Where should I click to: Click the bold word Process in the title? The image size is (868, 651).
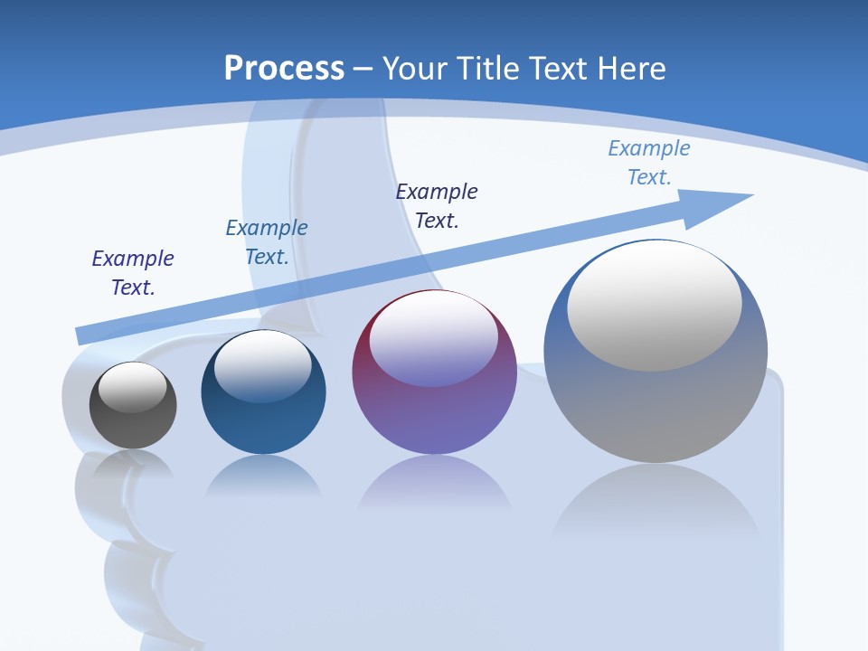pos(284,68)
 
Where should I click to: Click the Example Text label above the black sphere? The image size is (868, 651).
pos(133,272)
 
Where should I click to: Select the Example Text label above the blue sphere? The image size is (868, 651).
pos(267,241)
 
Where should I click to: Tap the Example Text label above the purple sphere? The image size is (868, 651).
pos(437,205)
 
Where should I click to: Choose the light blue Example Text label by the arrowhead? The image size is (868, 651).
pos(649,162)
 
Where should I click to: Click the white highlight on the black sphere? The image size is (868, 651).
pos(133,386)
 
